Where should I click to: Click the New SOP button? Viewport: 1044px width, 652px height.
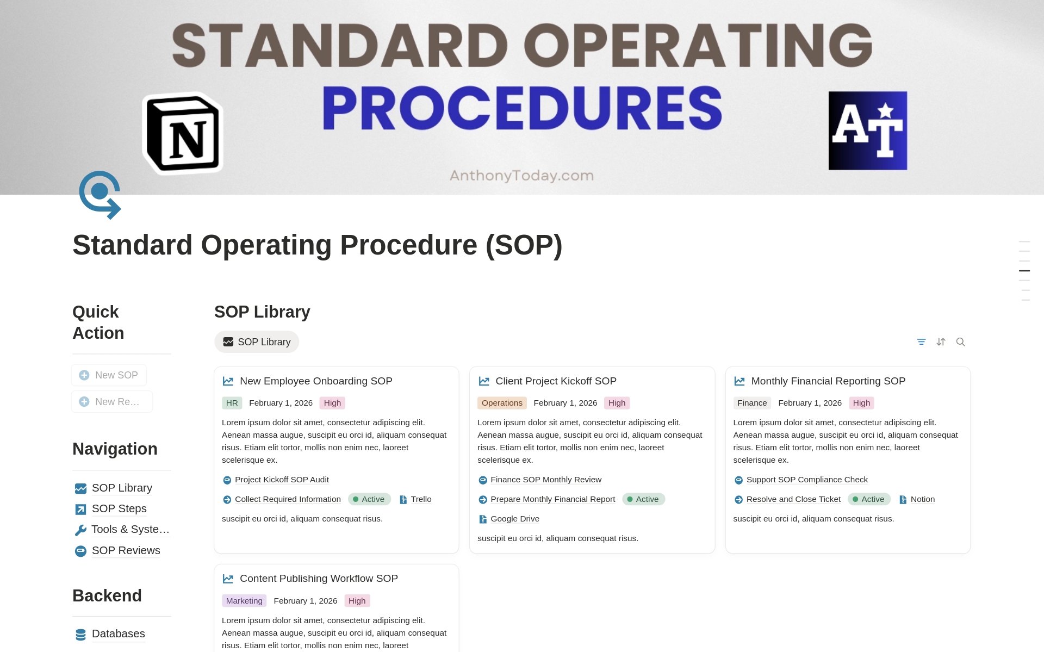[109, 375]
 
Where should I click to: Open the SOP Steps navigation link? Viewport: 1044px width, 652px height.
[119, 508]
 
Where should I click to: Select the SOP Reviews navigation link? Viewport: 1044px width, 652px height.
[126, 550]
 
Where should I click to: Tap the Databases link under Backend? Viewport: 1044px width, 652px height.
[118, 634]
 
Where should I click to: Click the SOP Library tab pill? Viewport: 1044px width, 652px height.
[257, 342]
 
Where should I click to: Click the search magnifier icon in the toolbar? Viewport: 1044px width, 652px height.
[960, 342]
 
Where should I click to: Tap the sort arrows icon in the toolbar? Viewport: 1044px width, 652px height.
[941, 342]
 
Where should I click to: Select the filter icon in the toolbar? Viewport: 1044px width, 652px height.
[921, 342]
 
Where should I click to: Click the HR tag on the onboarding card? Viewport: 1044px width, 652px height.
[232, 403]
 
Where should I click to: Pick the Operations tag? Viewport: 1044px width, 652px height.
[502, 403]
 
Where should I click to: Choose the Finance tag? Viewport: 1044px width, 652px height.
[752, 403]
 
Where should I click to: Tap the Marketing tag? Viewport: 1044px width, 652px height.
[244, 601]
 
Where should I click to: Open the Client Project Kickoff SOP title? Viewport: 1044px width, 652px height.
[556, 381]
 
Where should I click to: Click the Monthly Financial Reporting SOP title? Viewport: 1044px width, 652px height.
[828, 381]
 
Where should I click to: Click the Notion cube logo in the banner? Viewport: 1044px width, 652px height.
[183, 133]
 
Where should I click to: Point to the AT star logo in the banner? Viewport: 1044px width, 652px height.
[868, 131]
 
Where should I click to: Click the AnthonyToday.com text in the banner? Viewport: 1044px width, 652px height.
[521, 176]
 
